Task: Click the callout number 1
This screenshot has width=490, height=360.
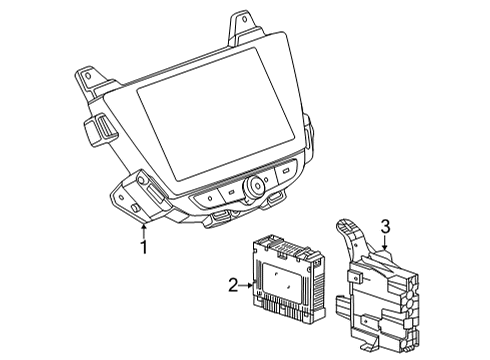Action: tap(144, 244)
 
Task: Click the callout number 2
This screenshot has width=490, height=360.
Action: tap(234, 286)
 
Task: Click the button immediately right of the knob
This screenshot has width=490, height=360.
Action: tap(286, 172)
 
